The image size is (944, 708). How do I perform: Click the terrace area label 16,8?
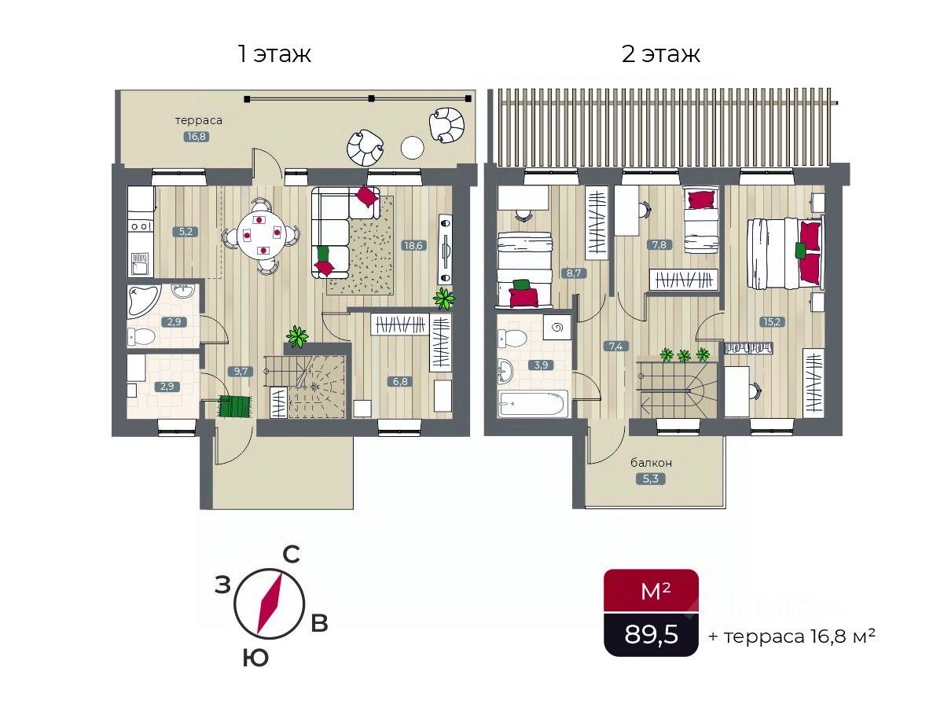point(197,137)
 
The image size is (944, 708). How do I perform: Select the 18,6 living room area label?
point(413,245)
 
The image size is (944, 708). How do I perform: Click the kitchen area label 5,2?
point(185,232)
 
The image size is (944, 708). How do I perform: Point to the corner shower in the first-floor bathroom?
point(143,300)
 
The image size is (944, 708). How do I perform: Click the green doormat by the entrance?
point(234,406)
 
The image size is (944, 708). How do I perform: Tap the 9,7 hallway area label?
point(241,371)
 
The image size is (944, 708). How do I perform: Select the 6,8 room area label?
point(400,381)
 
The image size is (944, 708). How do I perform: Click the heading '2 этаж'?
point(660,54)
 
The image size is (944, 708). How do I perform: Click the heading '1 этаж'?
point(274,54)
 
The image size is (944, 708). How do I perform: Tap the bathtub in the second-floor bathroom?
point(533,403)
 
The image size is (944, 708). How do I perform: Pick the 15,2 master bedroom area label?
point(772,321)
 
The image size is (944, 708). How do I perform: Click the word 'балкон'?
point(651,463)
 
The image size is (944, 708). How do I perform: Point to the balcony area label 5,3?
point(650,479)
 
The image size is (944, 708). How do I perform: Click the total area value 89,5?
point(651,634)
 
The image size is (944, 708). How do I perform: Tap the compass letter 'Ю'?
point(256,658)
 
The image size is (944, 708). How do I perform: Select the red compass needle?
point(270,604)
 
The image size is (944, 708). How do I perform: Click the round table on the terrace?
point(412,148)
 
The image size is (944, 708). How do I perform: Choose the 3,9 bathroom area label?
point(541,365)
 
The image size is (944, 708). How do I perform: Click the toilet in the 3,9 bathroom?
point(512,338)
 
